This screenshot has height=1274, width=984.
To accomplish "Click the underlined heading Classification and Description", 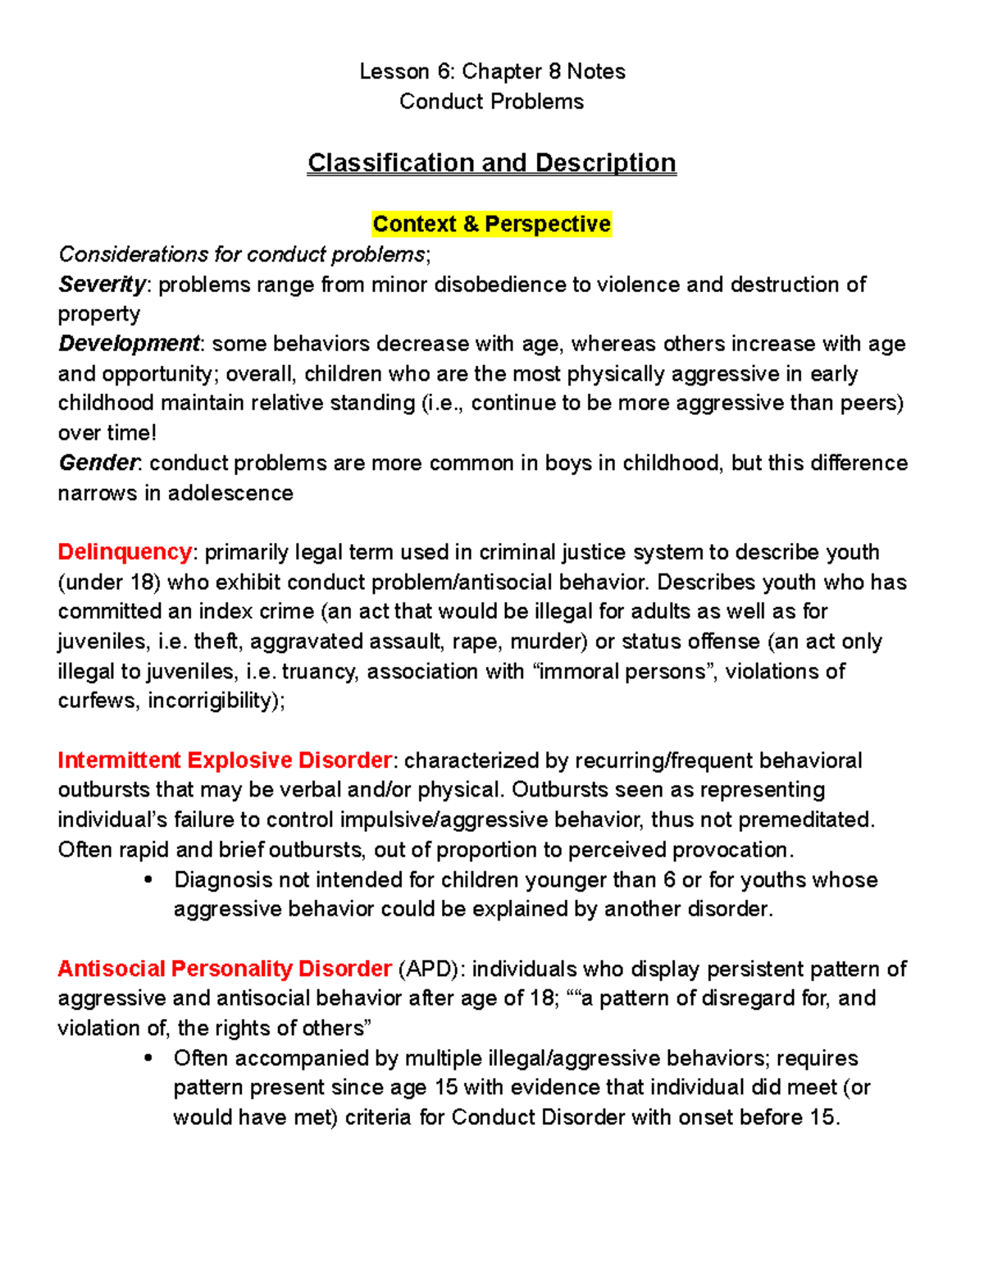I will click(491, 163).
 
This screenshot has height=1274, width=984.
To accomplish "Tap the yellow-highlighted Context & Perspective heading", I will click(491, 224).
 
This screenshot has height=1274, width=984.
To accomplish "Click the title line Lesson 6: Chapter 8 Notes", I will click(492, 72).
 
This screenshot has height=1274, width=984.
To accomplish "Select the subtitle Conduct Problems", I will click(491, 102).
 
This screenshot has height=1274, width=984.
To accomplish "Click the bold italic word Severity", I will click(102, 285).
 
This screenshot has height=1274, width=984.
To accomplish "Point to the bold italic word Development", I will click(129, 344).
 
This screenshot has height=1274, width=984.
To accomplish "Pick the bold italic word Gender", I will click(98, 463).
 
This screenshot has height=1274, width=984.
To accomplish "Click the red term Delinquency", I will click(125, 552).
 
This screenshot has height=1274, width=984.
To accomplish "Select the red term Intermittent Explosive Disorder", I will click(224, 760).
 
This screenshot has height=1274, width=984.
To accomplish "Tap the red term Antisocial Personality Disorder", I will click(224, 969).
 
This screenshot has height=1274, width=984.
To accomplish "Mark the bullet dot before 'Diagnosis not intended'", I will click(148, 880).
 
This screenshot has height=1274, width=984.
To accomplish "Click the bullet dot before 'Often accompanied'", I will click(148, 1058).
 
